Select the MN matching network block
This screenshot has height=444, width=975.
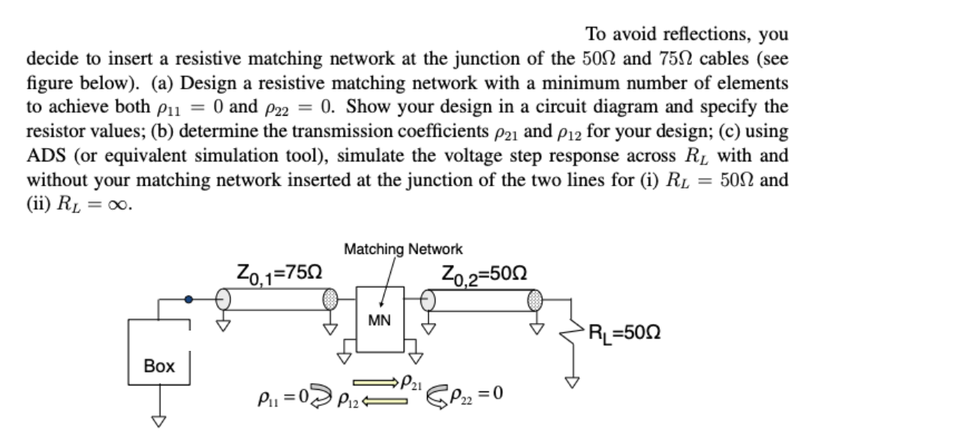pyautogui.click(x=379, y=319)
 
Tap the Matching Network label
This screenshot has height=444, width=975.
pyautogui.click(x=403, y=249)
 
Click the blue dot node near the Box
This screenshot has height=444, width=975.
pyautogui.click(x=189, y=299)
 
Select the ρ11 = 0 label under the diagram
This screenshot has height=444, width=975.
pyautogui.click(x=275, y=394)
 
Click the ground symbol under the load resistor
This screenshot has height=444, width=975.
pyautogui.click(x=573, y=382)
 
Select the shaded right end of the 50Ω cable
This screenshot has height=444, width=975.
pyautogui.click(x=534, y=299)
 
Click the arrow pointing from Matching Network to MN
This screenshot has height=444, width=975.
pyautogui.click(x=387, y=282)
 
